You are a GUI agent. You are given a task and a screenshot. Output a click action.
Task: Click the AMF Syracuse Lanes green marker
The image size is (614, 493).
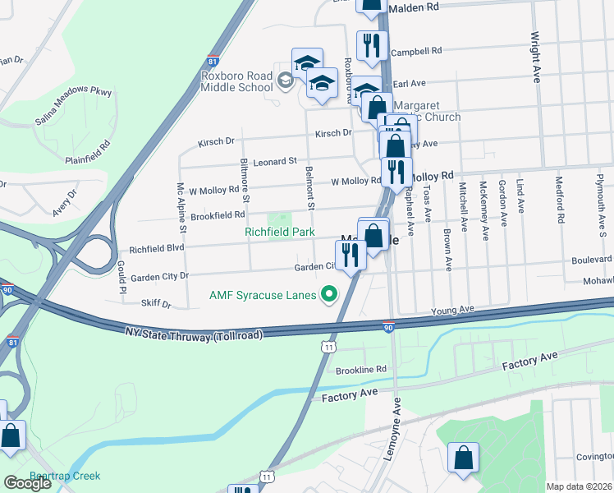point(330,293)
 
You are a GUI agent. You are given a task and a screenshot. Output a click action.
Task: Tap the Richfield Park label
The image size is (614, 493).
point(279,233)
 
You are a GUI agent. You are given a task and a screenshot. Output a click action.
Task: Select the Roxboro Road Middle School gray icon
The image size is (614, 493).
point(285,80)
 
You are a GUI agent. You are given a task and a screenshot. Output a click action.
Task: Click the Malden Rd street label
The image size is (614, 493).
point(415,7)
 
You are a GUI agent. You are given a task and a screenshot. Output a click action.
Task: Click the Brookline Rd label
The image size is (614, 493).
point(361,370)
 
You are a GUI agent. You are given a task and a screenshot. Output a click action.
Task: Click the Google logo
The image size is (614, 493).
point(27,484)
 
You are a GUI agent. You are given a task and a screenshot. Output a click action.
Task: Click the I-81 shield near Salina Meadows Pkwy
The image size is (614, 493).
point(213,62)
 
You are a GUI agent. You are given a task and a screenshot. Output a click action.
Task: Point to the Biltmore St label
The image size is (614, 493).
point(244,181)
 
